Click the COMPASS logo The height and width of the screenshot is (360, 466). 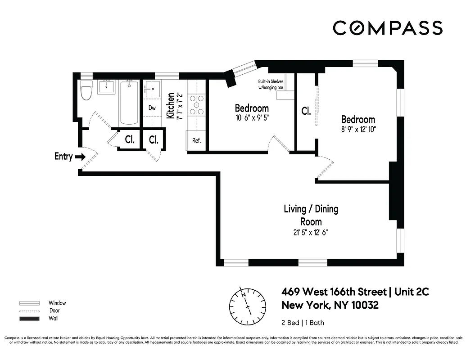[387, 28]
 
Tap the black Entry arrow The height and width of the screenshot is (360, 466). [80, 157]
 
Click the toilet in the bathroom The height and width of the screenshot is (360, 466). [85, 91]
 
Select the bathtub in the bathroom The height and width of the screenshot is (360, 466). [129, 103]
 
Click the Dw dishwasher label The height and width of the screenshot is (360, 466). [152, 108]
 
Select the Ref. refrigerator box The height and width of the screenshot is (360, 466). [196, 140]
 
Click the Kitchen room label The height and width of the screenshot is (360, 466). [171, 106]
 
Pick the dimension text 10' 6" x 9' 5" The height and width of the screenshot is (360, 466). [252, 118]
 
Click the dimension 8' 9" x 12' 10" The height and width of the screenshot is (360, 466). [358, 129]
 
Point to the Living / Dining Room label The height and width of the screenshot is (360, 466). [311, 215]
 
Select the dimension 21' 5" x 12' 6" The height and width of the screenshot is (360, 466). [311, 233]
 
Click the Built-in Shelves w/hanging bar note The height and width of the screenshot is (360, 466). [271, 85]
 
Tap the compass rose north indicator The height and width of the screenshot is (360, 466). [244, 295]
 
